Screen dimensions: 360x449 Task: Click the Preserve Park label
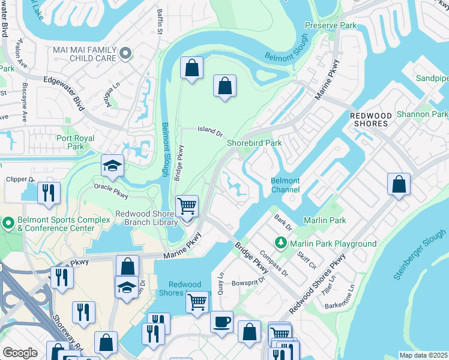pyautogui.click(x=330, y=25)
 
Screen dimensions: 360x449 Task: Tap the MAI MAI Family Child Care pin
pyautogui.click(x=125, y=54)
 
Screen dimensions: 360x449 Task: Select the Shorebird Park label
pyautogui.click(x=254, y=143)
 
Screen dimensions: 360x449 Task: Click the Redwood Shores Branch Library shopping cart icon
pyautogui.click(x=187, y=206)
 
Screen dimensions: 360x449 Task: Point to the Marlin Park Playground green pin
pyautogui.click(x=280, y=243)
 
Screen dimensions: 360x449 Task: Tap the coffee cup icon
pyautogui.click(x=221, y=321)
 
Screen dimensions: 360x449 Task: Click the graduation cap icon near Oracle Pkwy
pyautogui.click(x=112, y=166)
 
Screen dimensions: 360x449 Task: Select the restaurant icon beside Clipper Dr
pyautogui.click(x=48, y=193)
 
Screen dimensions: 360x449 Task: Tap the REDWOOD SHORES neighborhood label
pyautogui.click(x=370, y=119)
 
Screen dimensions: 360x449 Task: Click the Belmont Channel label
pyautogui.click(x=285, y=185)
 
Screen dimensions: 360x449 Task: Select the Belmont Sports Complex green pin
pyautogui.click(x=8, y=224)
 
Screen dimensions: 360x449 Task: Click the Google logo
pyautogui.click(x=20, y=353)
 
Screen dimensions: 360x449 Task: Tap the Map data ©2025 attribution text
pyautogui.click(x=423, y=355)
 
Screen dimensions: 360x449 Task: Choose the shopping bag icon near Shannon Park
pyautogui.click(x=399, y=185)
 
